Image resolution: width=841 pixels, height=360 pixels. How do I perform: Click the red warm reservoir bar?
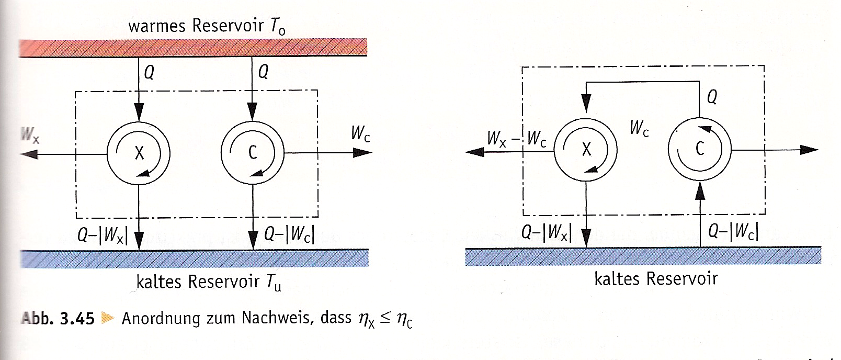click(193, 48)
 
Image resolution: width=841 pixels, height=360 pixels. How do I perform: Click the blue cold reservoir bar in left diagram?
click(195, 258)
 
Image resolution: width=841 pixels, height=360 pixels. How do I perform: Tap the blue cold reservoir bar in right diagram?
click(643, 256)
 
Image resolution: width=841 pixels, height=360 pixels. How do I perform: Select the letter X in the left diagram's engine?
click(139, 153)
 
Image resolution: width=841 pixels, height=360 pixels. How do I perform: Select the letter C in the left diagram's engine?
click(253, 152)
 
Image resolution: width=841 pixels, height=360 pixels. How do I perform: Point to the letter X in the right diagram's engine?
click(586, 149)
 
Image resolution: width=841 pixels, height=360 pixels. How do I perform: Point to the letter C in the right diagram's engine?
click(700, 149)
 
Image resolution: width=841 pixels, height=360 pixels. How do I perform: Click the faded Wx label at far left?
click(30, 136)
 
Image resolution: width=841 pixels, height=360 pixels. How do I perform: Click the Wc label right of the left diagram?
click(360, 134)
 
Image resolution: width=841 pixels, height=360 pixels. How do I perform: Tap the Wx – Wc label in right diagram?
click(517, 139)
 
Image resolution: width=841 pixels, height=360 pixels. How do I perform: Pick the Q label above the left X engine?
click(149, 72)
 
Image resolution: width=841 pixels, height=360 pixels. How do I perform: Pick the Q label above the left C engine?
click(263, 71)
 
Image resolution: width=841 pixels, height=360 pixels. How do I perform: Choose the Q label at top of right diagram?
click(712, 97)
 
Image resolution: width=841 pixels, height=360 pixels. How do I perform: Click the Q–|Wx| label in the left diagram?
click(103, 235)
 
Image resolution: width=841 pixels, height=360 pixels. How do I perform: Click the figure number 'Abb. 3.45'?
click(58, 318)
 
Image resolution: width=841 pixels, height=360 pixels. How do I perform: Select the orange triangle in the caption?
click(108, 319)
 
